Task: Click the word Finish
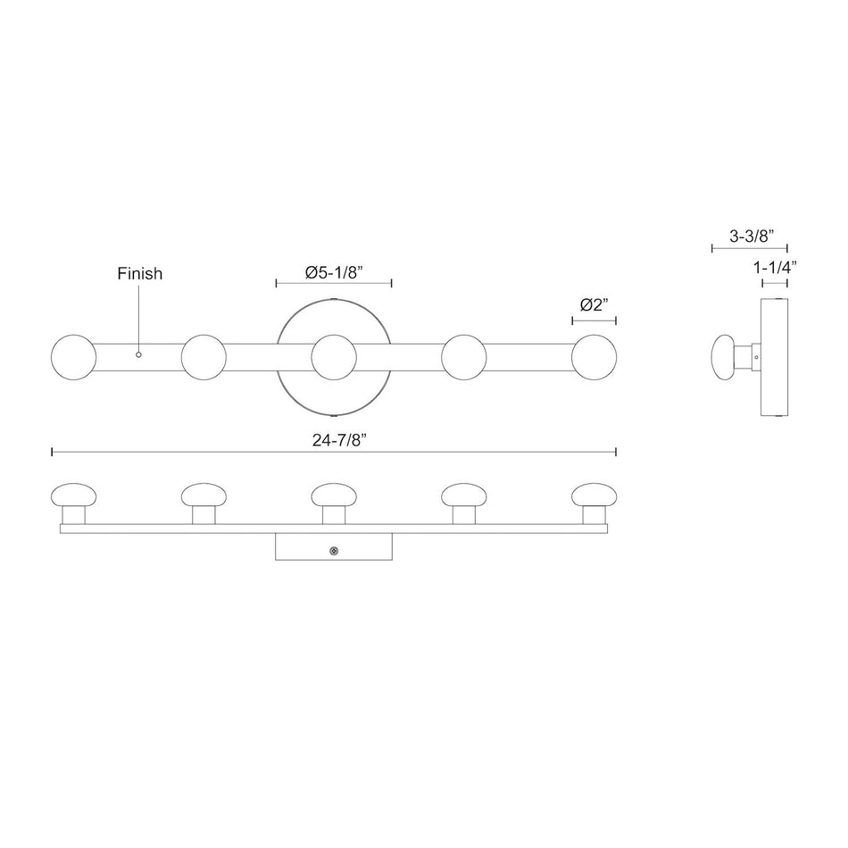click(x=139, y=274)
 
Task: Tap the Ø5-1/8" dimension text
click(x=333, y=272)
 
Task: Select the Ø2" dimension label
click(x=594, y=305)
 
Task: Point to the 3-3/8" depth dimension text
click(x=752, y=236)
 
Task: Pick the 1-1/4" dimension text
click(x=775, y=267)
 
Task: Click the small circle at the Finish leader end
click(x=138, y=354)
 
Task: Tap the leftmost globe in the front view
click(x=73, y=357)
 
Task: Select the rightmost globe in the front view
click(x=594, y=357)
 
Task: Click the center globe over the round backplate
click(x=334, y=357)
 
